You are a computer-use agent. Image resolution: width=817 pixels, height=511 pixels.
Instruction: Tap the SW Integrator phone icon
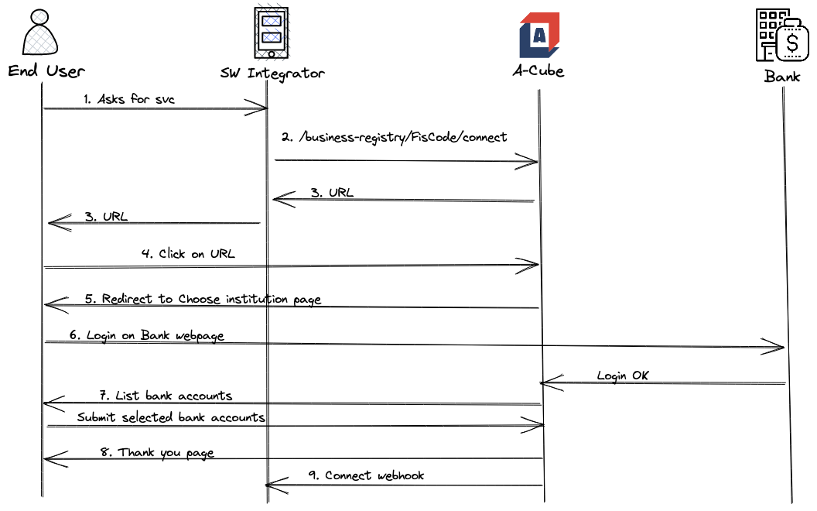point(270,33)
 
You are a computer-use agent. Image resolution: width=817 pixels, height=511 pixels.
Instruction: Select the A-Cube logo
point(539,35)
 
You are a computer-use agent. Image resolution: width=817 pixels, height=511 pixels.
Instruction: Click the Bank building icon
point(781,36)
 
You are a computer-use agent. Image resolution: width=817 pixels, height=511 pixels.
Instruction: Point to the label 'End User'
point(46,71)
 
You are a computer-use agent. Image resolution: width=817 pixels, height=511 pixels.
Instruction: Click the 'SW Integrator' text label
point(272,74)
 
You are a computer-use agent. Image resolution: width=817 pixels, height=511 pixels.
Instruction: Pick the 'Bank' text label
point(782,76)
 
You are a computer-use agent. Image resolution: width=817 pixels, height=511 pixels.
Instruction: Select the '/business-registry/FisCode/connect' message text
point(395,137)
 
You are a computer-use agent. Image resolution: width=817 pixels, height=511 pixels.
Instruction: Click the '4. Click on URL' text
point(189,254)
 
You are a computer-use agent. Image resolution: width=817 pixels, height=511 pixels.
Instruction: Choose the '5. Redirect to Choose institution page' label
point(203,299)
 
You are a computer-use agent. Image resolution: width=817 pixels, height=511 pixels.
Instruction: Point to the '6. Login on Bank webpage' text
point(147,336)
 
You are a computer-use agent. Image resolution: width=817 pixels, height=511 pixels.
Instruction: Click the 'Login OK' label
point(623,376)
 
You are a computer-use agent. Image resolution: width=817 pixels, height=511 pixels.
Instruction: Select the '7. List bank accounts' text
point(166,396)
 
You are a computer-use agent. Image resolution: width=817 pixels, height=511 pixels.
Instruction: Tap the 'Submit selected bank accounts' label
point(171,417)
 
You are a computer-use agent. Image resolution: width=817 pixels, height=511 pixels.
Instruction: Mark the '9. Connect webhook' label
point(366,475)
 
